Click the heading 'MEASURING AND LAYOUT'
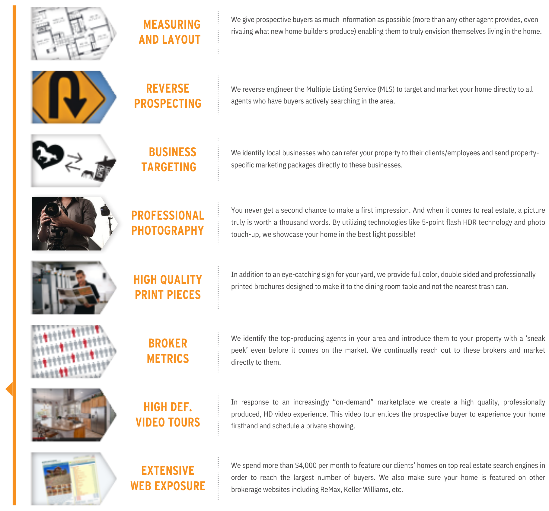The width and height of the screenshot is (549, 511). (170, 32)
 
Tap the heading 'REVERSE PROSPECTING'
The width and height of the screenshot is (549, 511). (168, 96)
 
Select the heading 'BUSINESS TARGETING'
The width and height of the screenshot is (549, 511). (169, 160)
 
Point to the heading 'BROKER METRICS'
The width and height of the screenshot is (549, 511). (168, 351)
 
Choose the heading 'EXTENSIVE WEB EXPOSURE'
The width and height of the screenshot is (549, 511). (168, 478)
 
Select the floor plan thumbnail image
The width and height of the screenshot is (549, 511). (74, 33)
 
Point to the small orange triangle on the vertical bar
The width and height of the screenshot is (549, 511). (9, 389)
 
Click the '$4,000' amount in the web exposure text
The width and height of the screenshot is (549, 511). (306, 465)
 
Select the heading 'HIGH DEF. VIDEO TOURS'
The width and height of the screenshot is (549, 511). (168, 414)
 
